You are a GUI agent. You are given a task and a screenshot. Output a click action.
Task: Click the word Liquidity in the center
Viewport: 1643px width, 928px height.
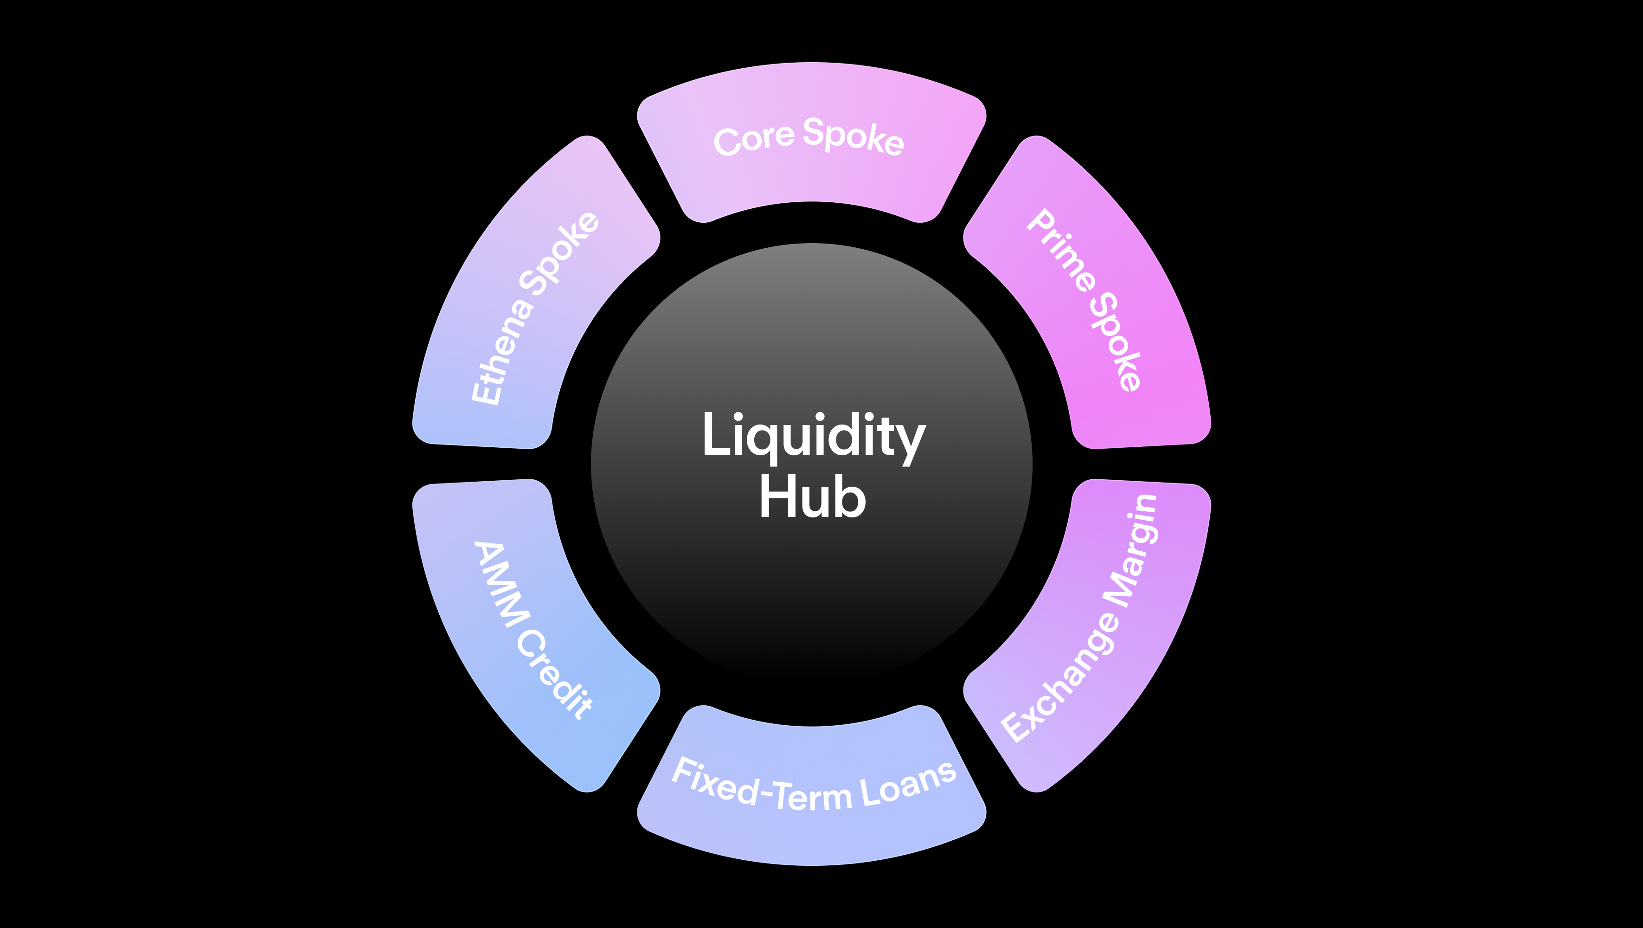[x=813, y=436]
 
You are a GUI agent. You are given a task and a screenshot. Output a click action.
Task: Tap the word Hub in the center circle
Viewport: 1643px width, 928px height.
[x=813, y=498]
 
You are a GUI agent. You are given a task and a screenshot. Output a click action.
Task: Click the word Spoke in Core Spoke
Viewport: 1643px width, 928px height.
[x=854, y=136]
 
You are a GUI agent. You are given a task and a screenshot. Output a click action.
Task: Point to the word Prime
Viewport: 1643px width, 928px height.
[x=1061, y=249]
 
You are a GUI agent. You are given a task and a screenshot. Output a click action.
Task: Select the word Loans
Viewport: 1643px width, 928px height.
[x=908, y=785]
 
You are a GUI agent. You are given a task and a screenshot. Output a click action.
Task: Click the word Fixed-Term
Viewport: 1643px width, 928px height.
[x=762, y=788]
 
